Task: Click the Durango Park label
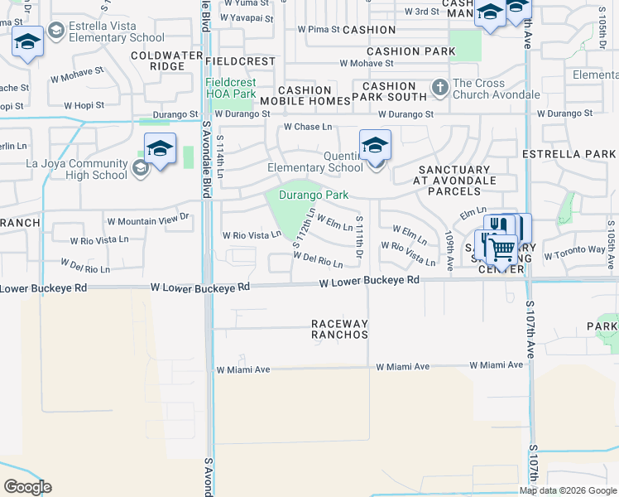[x=313, y=195]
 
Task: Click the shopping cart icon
[x=501, y=249]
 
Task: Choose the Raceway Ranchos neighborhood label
[x=338, y=329]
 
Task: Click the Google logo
[x=27, y=487]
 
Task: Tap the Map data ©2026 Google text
[x=568, y=491]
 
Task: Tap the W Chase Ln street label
[x=307, y=127]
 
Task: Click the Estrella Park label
[x=569, y=154]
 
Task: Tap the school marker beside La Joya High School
[x=160, y=149]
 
